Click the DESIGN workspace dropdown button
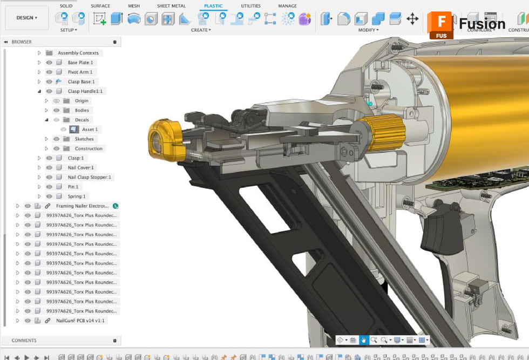[x=26, y=18]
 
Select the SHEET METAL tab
[x=171, y=6]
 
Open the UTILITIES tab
[x=250, y=6]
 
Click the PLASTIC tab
[x=213, y=6]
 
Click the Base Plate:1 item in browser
[x=80, y=63]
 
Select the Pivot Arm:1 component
[x=80, y=72]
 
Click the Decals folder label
[x=82, y=120]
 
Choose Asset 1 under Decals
[x=90, y=130]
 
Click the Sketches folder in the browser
[x=84, y=139]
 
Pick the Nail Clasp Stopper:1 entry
[x=89, y=177]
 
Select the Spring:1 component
[x=77, y=196]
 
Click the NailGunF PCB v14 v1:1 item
[x=80, y=321]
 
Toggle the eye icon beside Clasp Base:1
[x=49, y=81]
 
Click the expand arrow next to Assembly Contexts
[x=39, y=53]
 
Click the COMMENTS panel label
[x=24, y=341]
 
